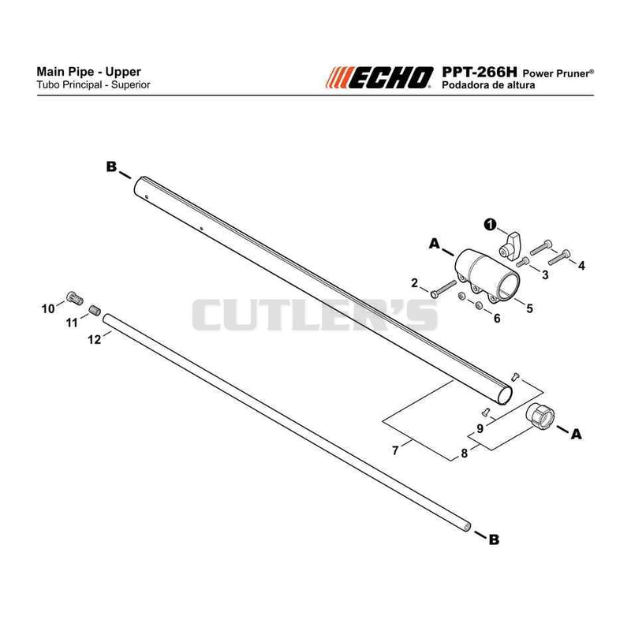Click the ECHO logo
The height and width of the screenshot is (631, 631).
point(379,77)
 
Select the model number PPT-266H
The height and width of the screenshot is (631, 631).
point(479,72)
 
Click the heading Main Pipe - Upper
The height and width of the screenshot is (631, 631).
point(88,72)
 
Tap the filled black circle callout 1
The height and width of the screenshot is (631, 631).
point(490,225)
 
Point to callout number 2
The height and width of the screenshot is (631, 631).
point(415,283)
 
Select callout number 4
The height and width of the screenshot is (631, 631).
point(581,266)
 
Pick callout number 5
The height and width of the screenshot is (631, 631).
point(529,308)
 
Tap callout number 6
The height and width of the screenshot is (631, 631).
point(497,319)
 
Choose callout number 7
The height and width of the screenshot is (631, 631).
point(395,450)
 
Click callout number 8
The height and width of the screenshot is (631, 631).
point(464,454)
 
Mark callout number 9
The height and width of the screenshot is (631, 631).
point(480,429)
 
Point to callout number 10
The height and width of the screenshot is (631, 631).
point(48,309)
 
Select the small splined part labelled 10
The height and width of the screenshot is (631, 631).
point(75,298)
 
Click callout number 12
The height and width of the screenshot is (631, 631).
point(94,340)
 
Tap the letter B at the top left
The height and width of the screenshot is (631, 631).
point(111,166)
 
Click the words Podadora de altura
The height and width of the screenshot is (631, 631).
point(488,85)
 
